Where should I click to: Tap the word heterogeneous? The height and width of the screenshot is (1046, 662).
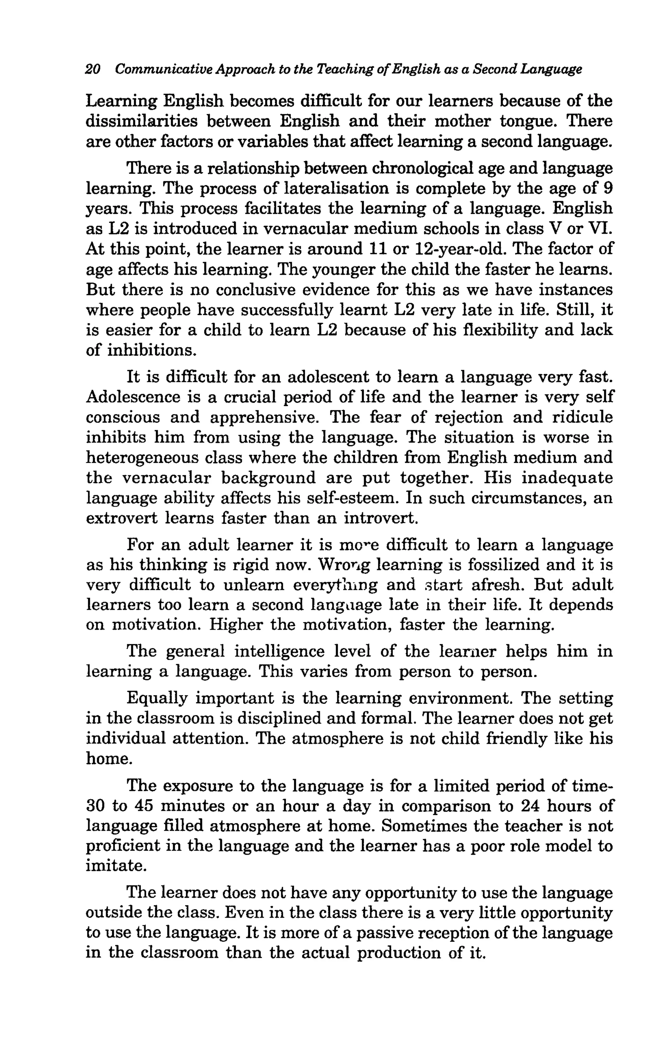tap(142, 458)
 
